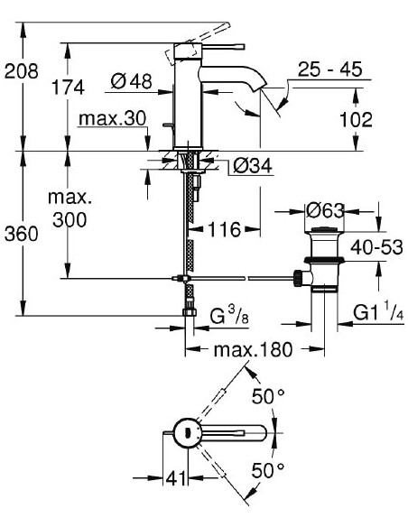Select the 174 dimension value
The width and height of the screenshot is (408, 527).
(x=68, y=88)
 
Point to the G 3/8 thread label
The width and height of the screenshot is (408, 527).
(x=229, y=317)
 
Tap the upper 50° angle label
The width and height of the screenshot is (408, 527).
(x=272, y=397)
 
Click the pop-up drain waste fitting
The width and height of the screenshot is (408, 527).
(x=320, y=262)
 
